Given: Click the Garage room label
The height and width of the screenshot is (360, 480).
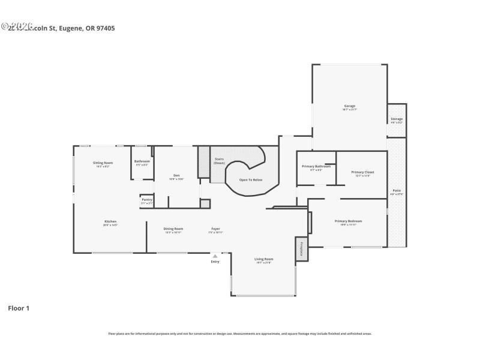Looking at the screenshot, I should (x=349, y=106).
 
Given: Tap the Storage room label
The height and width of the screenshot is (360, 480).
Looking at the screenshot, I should (x=397, y=119).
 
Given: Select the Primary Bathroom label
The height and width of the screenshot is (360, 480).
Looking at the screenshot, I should (x=316, y=166).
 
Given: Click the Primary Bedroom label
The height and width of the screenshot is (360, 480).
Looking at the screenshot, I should (x=348, y=221).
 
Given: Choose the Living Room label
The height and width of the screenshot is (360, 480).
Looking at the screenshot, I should (x=263, y=259).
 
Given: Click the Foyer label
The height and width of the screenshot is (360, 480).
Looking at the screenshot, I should (x=215, y=229).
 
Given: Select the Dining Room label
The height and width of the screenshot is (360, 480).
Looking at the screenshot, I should (x=173, y=229).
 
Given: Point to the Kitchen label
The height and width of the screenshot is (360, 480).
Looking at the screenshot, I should (x=110, y=221).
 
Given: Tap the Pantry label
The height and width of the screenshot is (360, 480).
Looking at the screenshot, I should (x=146, y=200).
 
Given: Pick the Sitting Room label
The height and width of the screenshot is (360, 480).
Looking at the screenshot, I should (x=103, y=163).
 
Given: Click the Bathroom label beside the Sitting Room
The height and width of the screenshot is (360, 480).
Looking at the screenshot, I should (x=142, y=161).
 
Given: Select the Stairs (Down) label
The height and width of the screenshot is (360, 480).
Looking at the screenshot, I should (x=219, y=161).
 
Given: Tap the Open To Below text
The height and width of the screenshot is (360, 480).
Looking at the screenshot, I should (x=251, y=179).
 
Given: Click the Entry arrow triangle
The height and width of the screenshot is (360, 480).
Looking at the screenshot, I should (x=215, y=256).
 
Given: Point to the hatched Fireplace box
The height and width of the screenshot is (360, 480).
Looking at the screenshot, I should (x=301, y=248).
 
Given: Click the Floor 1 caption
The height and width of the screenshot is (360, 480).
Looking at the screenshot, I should (x=18, y=308).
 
